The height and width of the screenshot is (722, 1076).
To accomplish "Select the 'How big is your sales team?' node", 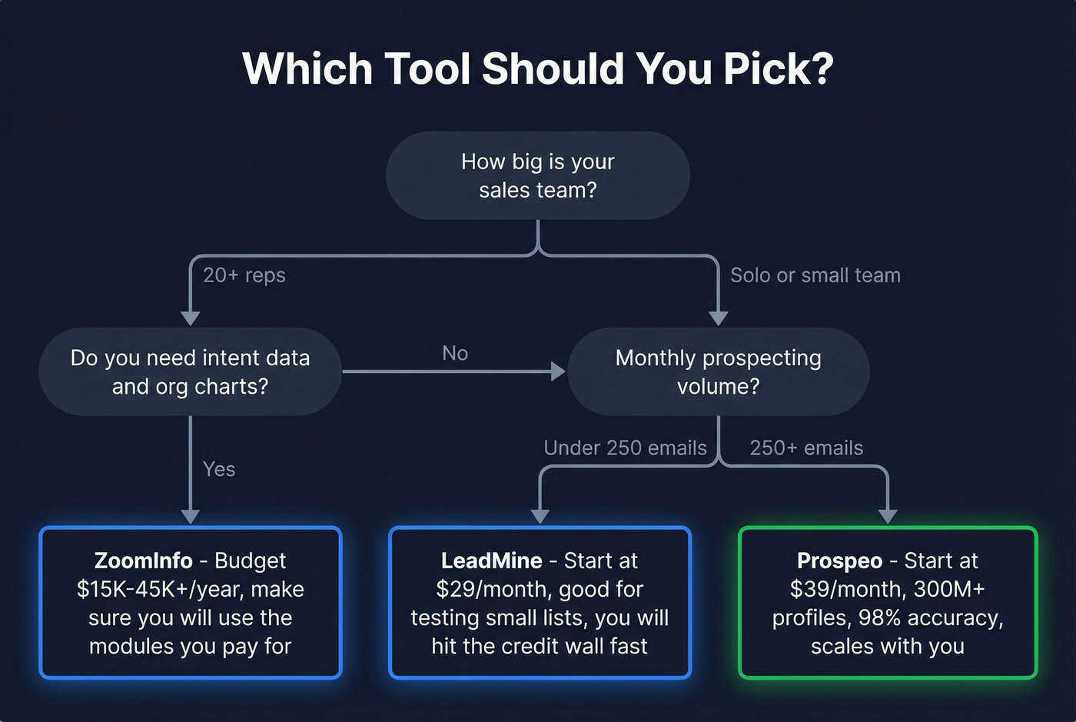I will coord(537,175).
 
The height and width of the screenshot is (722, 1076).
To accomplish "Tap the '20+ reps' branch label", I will coord(244,275).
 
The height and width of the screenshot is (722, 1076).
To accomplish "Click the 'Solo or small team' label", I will coord(815,275).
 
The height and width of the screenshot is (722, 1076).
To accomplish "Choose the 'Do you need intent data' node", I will coord(190,371).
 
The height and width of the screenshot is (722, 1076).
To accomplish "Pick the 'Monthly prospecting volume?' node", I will coord(718,371).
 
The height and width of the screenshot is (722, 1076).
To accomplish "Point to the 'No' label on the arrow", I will coord(455,353).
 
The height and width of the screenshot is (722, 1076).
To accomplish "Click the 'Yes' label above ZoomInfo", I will coord(219,469).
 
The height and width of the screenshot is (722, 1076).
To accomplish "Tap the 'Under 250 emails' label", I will coord(625,448).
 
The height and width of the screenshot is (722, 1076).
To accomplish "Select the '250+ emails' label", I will coord(806,448).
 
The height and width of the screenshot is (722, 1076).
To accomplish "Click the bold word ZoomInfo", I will coord(143,561).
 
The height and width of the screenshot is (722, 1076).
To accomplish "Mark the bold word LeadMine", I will coord(491,561).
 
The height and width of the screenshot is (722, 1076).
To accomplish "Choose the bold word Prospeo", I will coord(839,561).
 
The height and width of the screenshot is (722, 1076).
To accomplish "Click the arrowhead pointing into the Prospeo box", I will coord(888,516).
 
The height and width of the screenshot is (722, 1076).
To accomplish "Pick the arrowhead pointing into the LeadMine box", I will coord(540,516).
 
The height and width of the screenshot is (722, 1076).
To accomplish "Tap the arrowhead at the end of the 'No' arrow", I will coord(559,371).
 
